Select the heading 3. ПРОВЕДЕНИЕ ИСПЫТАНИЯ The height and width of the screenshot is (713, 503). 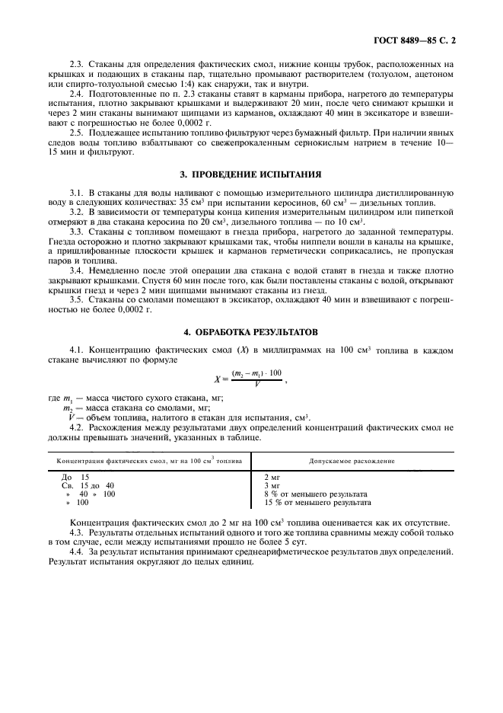tap(250, 174)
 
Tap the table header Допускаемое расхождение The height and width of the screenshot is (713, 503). tap(352, 461)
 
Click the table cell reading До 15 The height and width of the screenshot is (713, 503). tap(76, 477)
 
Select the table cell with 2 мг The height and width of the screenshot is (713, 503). tap(272, 477)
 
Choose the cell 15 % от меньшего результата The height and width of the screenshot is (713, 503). tap(317, 503)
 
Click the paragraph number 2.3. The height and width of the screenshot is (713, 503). tap(76, 64)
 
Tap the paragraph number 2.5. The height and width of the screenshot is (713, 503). tap(76, 133)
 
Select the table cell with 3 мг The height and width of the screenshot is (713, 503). tap(272, 485)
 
